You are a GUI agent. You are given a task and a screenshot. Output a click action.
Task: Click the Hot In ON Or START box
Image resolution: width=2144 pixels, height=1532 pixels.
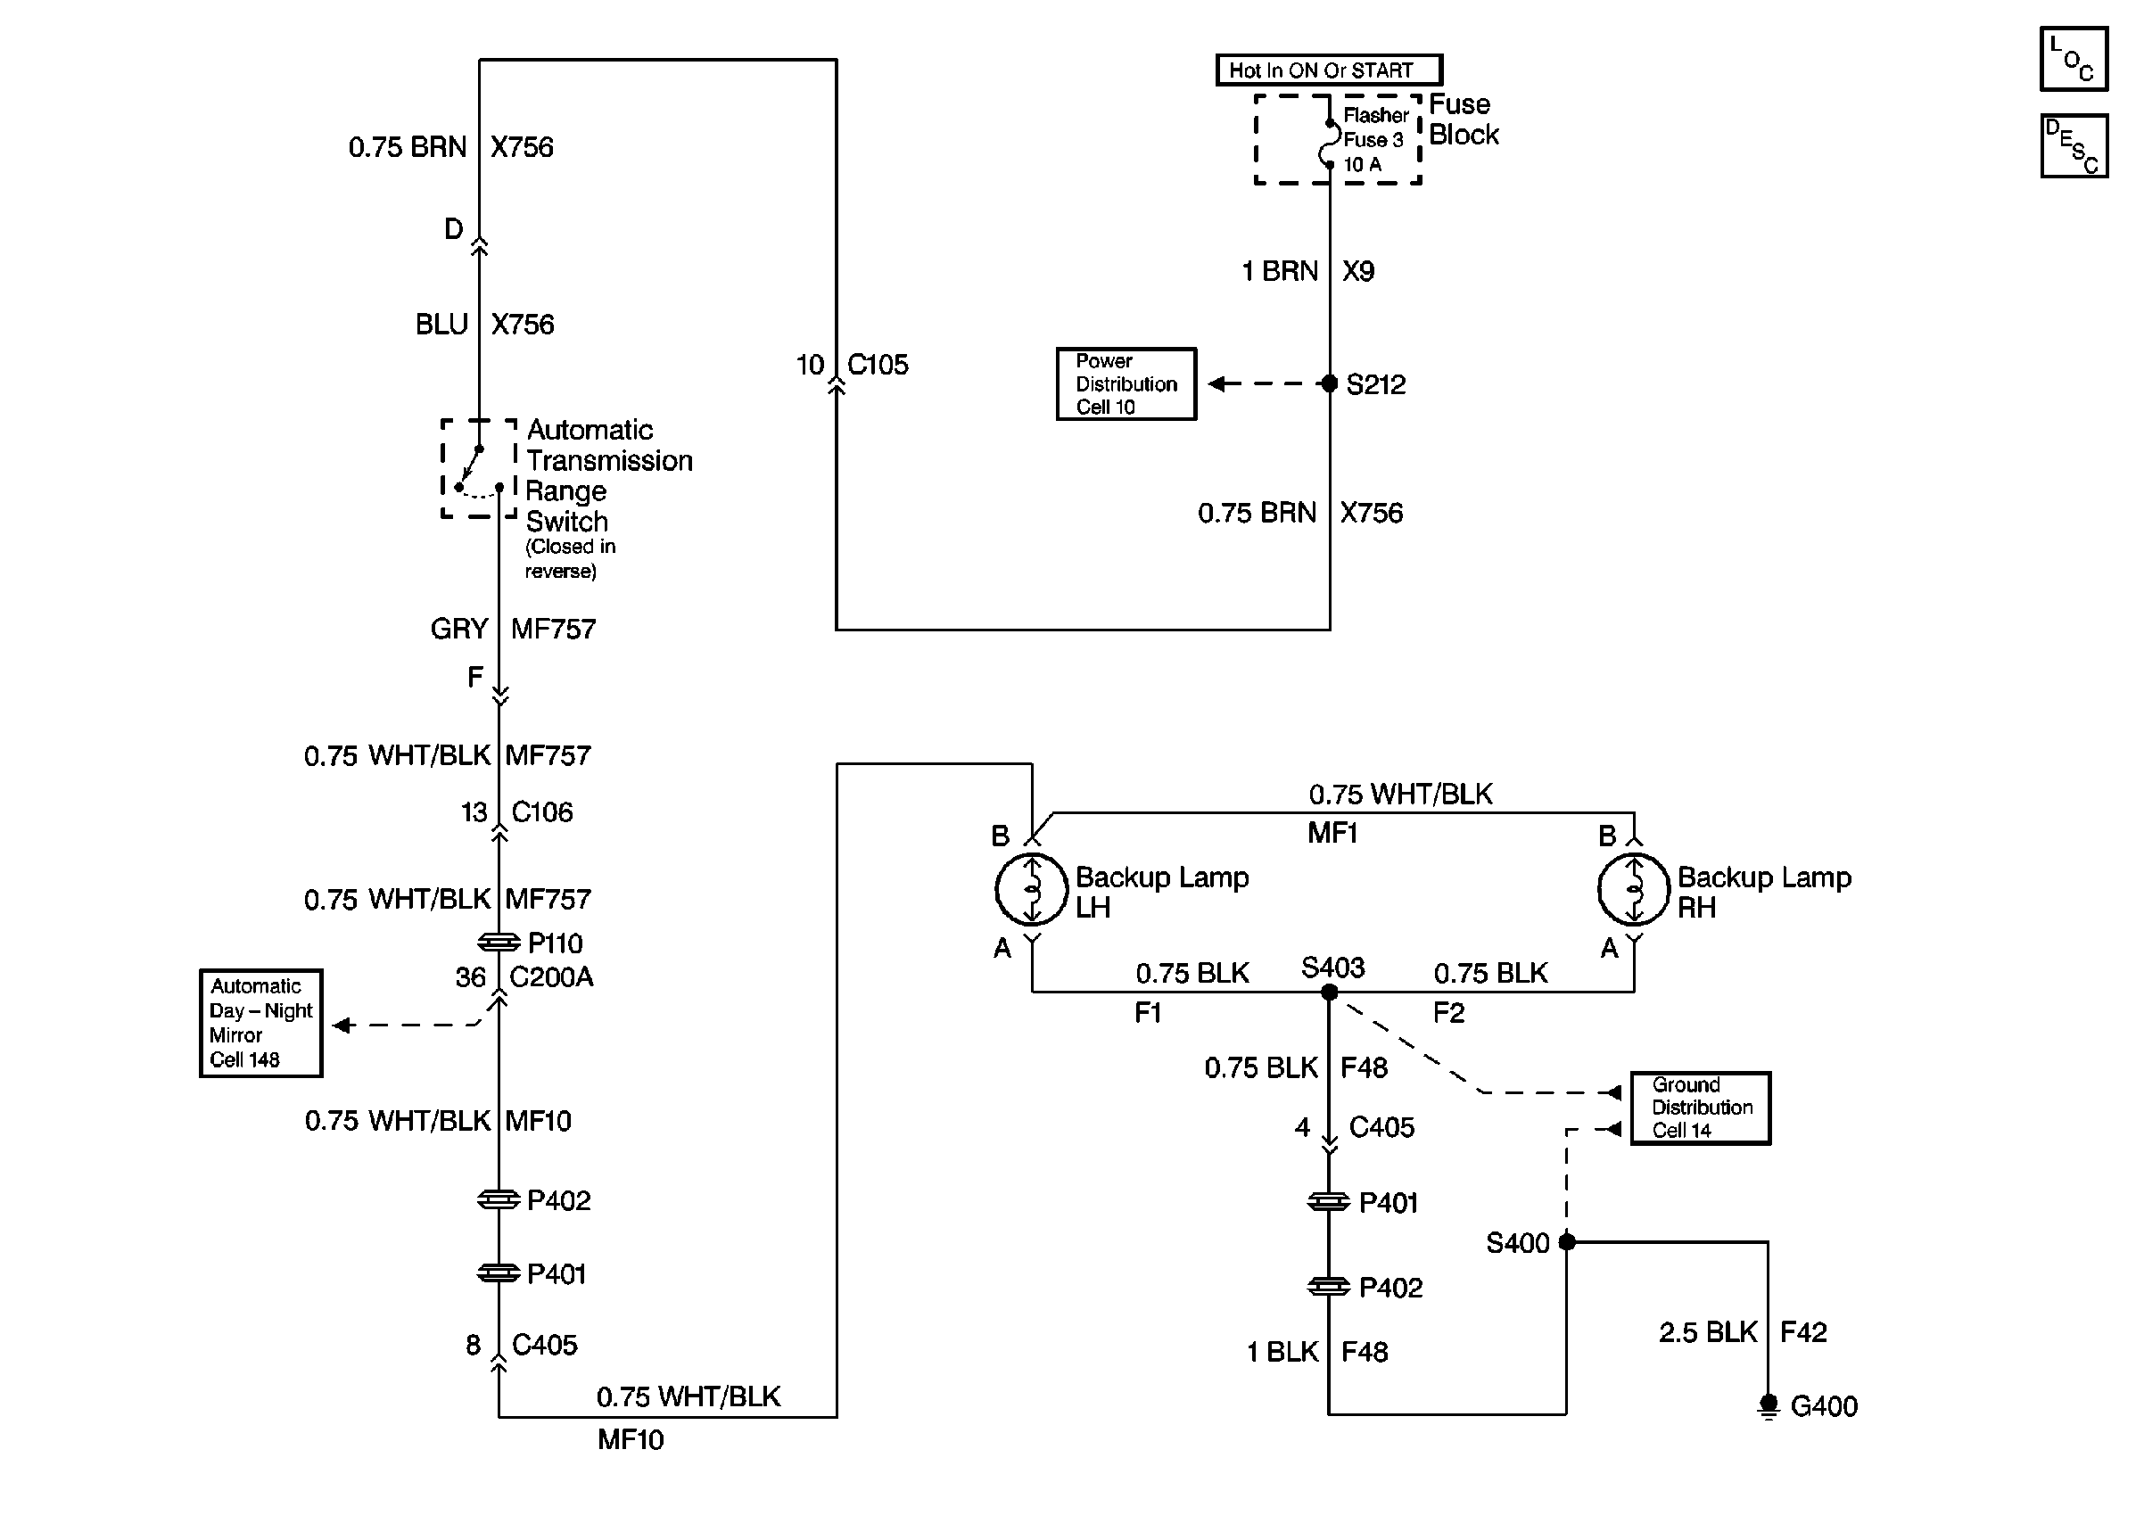click(x=1328, y=70)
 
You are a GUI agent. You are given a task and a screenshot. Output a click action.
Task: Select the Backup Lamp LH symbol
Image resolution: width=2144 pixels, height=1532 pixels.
click(x=1031, y=889)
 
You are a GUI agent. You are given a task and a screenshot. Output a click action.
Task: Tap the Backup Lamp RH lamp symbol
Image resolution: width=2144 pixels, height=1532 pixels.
click(x=1634, y=889)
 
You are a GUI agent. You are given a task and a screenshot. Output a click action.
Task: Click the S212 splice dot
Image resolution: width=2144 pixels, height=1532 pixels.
click(x=1329, y=383)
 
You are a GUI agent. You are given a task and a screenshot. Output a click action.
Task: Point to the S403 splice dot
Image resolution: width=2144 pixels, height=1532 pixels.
click(x=1329, y=992)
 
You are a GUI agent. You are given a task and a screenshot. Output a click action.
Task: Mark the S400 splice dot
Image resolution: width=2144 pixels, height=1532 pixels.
click(x=1567, y=1241)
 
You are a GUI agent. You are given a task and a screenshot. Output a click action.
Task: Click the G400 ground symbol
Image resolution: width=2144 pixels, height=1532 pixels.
click(x=1768, y=1405)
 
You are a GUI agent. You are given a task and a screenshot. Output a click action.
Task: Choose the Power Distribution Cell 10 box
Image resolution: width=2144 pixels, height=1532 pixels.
click(x=1126, y=384)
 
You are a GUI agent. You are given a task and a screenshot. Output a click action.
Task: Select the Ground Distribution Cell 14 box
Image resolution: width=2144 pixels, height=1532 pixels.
click(x=1701, y=1108)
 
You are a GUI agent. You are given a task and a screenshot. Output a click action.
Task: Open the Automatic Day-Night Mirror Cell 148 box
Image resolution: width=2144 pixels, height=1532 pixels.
click(x=261, y=1023)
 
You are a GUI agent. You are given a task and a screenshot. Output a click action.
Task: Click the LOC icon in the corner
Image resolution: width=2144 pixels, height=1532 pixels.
click(x=2074, y=59)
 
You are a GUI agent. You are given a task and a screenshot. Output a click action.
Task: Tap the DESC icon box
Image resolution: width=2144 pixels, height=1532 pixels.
click(x=2074, y=146)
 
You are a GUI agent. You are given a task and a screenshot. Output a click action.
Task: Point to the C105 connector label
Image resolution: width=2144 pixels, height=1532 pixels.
click(x=878, y=364)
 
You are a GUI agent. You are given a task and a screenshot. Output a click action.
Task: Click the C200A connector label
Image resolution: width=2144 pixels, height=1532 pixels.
click(x=552, y=976)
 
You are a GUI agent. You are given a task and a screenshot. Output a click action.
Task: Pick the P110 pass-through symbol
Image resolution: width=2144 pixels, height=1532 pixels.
click(x=499, y=942)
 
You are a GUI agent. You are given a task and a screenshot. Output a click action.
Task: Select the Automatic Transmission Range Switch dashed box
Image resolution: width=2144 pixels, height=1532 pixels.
click(x=479, y=469)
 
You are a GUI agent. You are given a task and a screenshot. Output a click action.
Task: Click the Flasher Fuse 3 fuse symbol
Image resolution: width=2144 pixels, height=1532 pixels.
click(x=1329, y=144)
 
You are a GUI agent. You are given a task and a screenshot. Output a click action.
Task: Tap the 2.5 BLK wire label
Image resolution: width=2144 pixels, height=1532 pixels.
click(x=1708, y=1332)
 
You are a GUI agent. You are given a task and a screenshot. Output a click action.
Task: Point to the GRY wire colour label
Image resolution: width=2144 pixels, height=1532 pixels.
click(x=459, y=629)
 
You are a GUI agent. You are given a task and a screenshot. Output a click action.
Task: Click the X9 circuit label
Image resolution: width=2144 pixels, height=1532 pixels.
click(x=1358, y=271)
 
